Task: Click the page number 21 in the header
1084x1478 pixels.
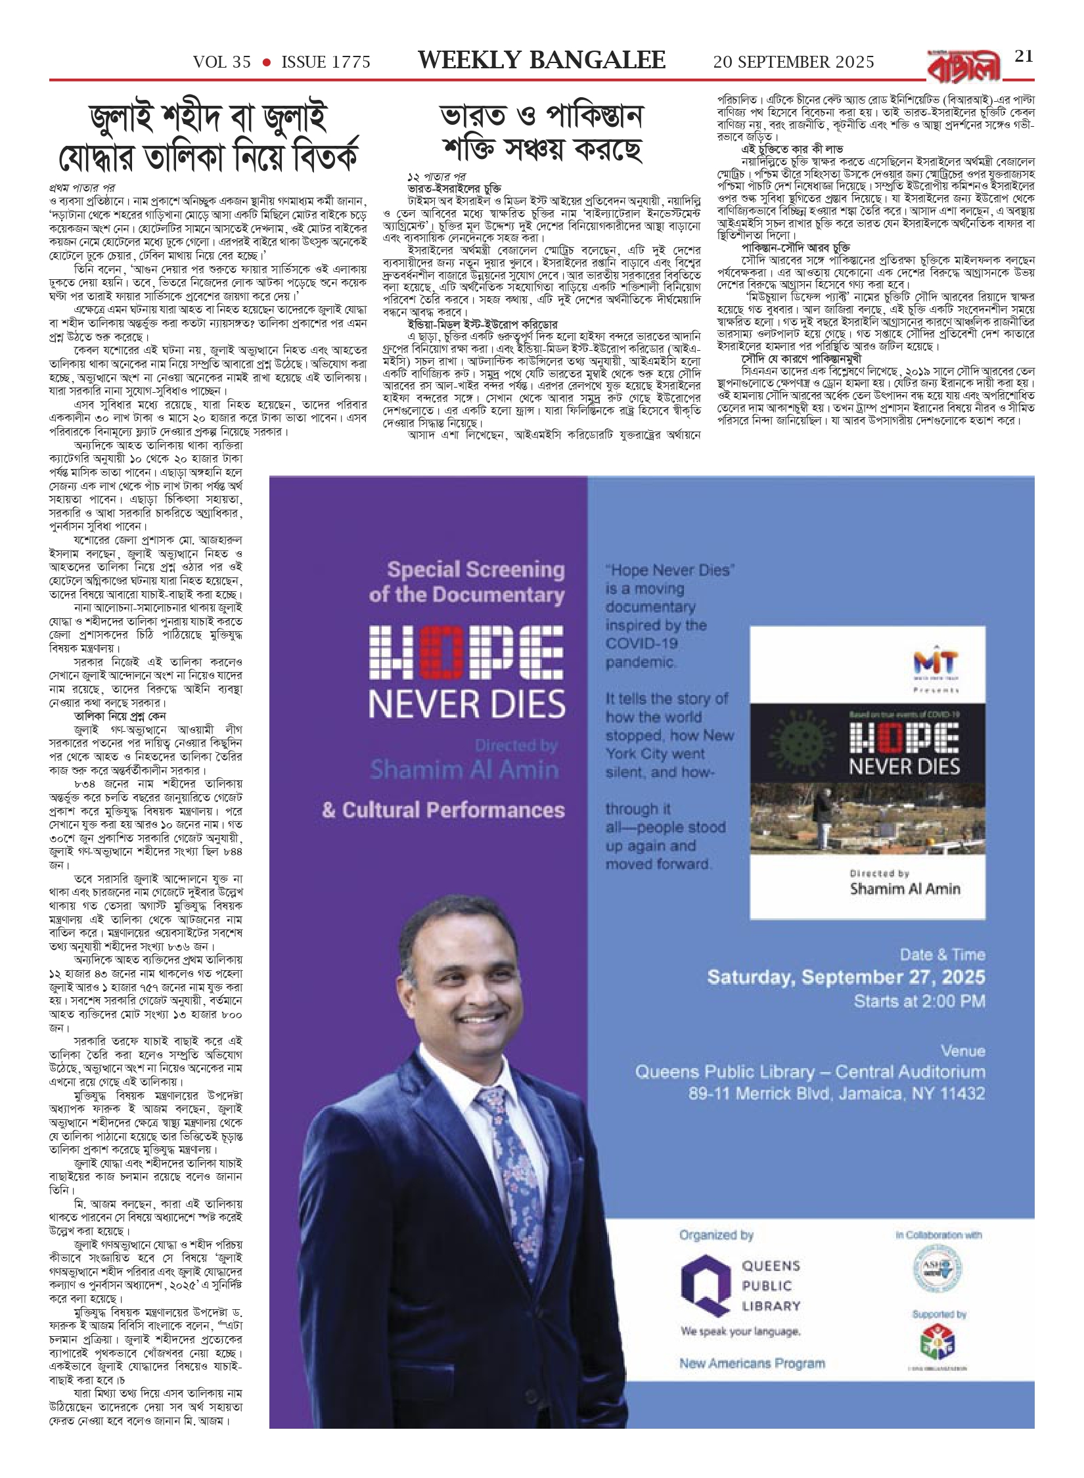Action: coord(1024,56)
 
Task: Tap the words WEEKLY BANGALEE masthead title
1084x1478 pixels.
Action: coord(541,61)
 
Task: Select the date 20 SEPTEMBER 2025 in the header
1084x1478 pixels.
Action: coord(794,62)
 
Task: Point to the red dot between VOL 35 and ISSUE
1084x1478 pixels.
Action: coord(266,62)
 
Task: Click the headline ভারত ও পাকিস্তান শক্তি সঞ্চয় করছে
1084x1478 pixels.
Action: coord(541,133)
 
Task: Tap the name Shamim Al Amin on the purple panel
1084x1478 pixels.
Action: coord(464,769)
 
